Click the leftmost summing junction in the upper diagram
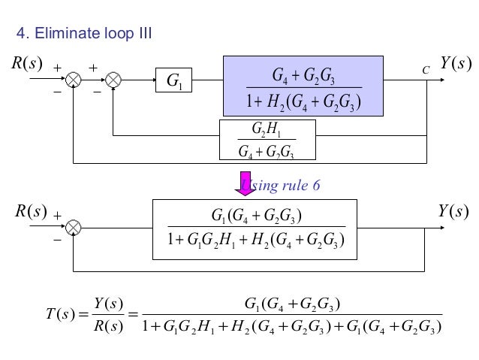coord(74,77)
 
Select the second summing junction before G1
coord(113,77)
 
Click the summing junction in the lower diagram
coord(74,227)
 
